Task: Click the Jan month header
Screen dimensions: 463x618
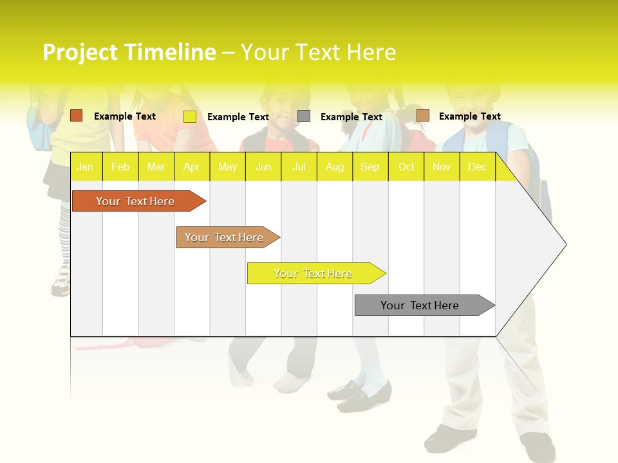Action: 85,167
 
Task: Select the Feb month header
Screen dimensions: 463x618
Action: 120,167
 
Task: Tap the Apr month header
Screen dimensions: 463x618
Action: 191,167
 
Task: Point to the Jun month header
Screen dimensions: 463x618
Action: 263,167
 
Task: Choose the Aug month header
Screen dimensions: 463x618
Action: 334,167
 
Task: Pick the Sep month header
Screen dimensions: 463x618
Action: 370,167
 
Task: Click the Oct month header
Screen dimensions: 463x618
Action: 406,167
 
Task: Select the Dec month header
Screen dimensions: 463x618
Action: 477,167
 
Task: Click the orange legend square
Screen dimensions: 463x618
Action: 77,116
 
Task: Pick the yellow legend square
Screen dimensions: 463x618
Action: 190,116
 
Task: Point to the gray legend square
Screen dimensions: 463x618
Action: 304,116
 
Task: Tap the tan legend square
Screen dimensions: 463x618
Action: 422,116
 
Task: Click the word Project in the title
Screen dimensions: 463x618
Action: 80,52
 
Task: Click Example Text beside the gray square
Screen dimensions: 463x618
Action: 351,117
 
